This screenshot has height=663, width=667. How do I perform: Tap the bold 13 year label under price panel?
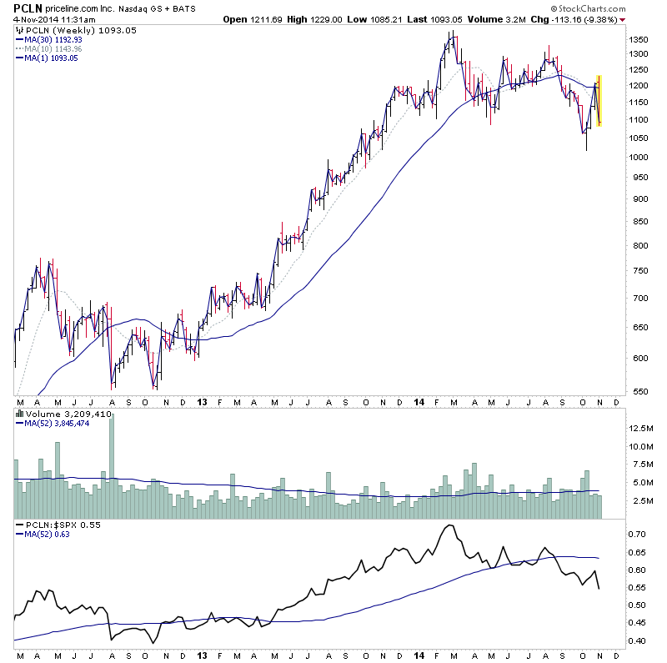click(x=203, y=402)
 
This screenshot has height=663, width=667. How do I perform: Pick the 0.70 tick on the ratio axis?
click(x=639, y=533)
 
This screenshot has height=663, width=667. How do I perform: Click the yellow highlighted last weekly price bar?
click(x=598, y=101)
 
